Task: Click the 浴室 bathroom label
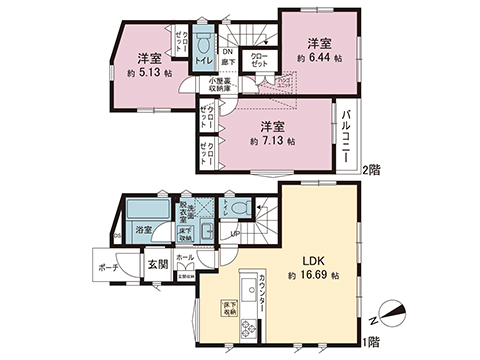coord(143,230)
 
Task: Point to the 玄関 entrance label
coord(158,265)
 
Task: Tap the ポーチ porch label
coord(110,268)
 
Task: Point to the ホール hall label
coord(185,257)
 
